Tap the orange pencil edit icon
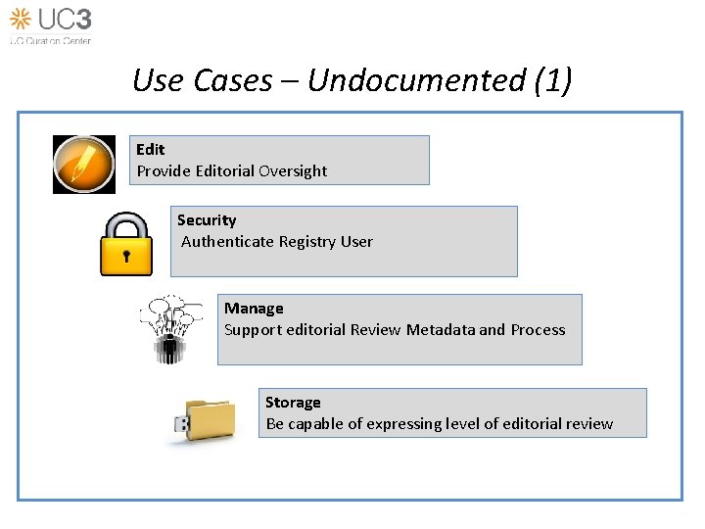[84, 164]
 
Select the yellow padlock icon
[126, 244]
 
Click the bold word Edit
[151, 149]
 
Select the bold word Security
[207, 220]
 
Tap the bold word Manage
[254, 309]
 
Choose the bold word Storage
[293, 403]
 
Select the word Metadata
[441, 330]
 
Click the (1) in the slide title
[553, 80]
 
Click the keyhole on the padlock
[126, 257]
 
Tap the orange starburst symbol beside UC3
[21, 18]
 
